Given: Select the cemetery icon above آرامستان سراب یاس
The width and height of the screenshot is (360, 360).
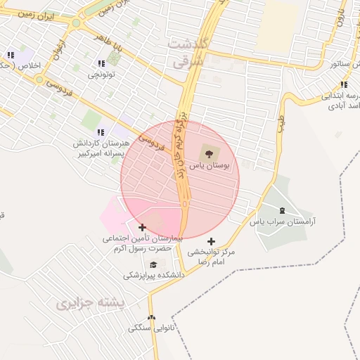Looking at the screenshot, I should [x=283, y=210].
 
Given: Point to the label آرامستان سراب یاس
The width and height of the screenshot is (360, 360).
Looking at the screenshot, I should [x=283, y=221].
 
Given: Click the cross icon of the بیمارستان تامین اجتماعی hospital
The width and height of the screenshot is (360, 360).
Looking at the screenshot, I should [x=143, y=227].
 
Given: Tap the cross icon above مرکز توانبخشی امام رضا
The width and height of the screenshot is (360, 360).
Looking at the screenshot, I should [x=211, y=241].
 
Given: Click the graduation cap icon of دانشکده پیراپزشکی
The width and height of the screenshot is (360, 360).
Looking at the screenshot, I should [x=153, y=264].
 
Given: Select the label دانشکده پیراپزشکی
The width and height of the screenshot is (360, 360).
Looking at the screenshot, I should [x=154, y=275].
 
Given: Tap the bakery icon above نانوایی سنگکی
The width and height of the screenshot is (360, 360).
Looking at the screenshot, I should [x=152, y=317].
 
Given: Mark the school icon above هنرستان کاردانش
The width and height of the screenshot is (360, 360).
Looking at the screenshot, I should [x=101, y=131].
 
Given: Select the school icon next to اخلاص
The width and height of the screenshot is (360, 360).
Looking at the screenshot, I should [x=10, y=55].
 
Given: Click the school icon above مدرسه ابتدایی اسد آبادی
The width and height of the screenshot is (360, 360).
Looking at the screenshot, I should [x=343, y=85].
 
